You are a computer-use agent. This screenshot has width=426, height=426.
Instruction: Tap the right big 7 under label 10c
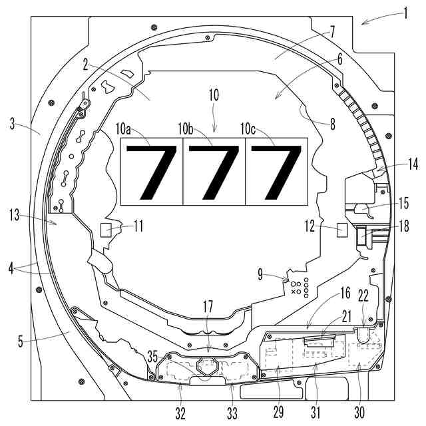point(276,172)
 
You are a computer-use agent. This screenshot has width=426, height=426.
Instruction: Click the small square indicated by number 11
point(106,230)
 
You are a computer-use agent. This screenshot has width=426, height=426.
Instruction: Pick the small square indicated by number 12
point(342,230)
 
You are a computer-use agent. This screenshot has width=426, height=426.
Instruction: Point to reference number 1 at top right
point(405,13)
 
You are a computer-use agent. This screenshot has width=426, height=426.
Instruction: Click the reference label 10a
point(123,129)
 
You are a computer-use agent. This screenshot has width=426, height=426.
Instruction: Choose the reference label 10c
point(248,128)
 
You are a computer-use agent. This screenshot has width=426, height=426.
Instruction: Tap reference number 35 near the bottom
point(152,357)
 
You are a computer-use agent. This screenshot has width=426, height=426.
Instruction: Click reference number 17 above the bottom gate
point(208,307)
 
